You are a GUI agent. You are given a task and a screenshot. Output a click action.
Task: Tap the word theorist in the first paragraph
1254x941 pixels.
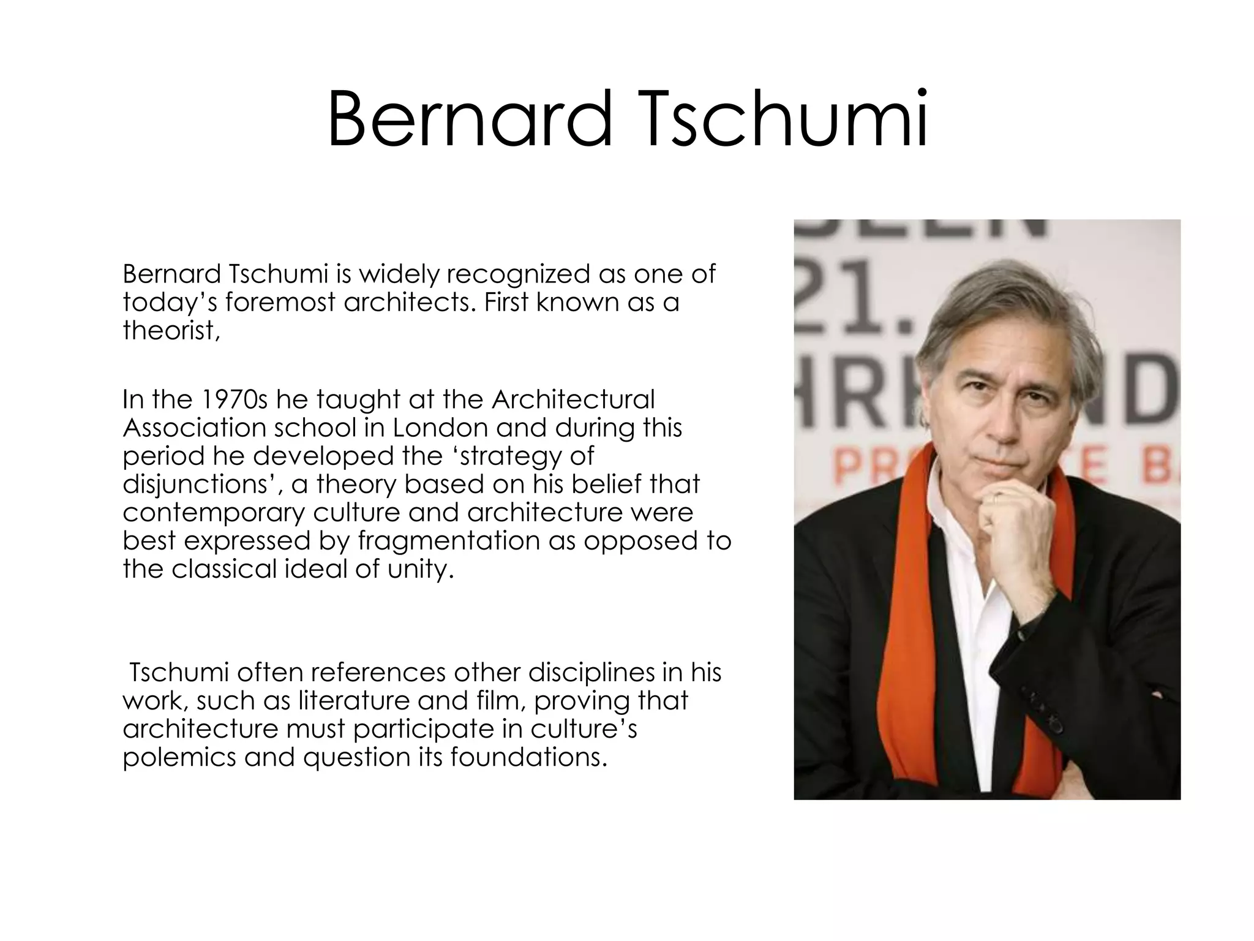click(x=170, y=331)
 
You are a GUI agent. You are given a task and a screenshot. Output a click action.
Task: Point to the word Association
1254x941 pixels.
click(x=194, y=428)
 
